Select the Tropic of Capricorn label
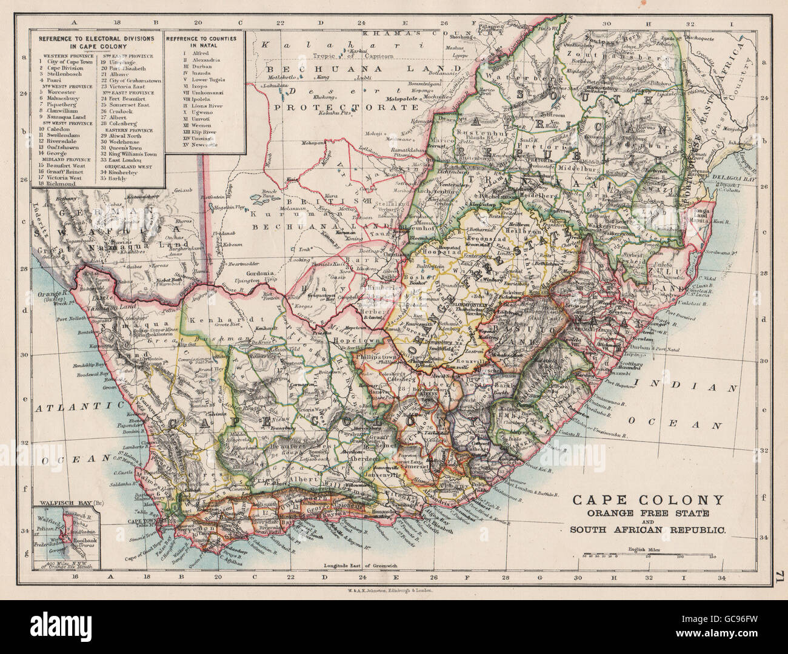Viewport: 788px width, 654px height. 351,56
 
